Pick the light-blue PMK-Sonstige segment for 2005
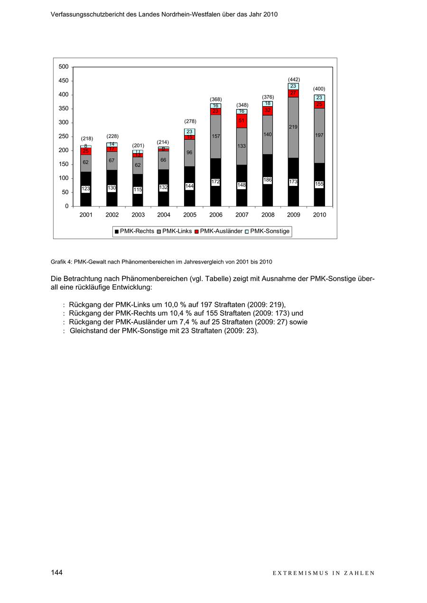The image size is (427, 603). point(190,131)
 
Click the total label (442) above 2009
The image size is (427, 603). point(294,79)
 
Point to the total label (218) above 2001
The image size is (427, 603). point(86,138)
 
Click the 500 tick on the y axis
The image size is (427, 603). point(64,67)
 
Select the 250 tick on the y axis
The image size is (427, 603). point(64,137)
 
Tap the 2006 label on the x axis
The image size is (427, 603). point(216,215)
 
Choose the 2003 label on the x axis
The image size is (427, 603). point(138,215)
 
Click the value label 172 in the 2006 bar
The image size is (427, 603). point(215,182)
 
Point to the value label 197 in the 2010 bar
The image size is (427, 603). point(319,135)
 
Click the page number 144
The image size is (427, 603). point(56,573)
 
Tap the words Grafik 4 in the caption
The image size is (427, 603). point(61,262)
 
